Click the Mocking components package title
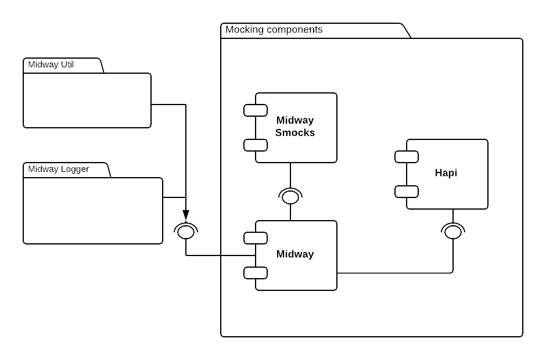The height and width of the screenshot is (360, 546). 274,30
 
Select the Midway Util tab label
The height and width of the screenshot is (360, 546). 51,65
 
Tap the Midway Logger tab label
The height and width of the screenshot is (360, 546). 59,170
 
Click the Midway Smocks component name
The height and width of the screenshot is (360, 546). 295,127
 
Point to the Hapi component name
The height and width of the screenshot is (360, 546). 446,173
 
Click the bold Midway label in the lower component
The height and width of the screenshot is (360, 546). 295,254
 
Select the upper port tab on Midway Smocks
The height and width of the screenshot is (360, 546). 256,110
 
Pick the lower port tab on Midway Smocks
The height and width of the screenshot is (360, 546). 256,145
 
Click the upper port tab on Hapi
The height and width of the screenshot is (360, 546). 407,157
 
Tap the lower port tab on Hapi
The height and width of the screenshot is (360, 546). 407,192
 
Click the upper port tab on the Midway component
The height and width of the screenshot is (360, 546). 256,238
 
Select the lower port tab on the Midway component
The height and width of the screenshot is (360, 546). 256,273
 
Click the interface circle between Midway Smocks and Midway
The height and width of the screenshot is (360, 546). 290,197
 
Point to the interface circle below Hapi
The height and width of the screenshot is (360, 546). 453,232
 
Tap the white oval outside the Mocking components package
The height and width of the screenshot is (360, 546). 186,232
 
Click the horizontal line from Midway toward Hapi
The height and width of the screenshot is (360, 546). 395,273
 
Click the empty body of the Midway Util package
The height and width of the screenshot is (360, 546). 87,100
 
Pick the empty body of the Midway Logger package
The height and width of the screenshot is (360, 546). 93,210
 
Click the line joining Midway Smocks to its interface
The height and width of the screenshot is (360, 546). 290,175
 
